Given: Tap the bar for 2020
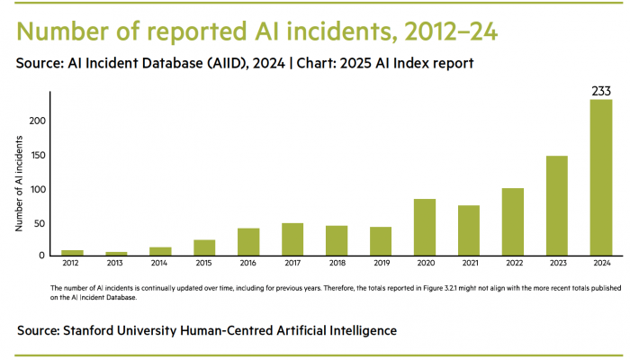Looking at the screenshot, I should click(425, 227).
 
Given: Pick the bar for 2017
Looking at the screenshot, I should click(292, 239).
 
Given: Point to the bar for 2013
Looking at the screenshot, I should click(116, 253).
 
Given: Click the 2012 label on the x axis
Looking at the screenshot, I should click(72, 265).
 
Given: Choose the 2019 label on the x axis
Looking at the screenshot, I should click(381, 265).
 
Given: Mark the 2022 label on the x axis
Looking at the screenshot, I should click(513, 265).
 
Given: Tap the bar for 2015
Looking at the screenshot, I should click(204, 247).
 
